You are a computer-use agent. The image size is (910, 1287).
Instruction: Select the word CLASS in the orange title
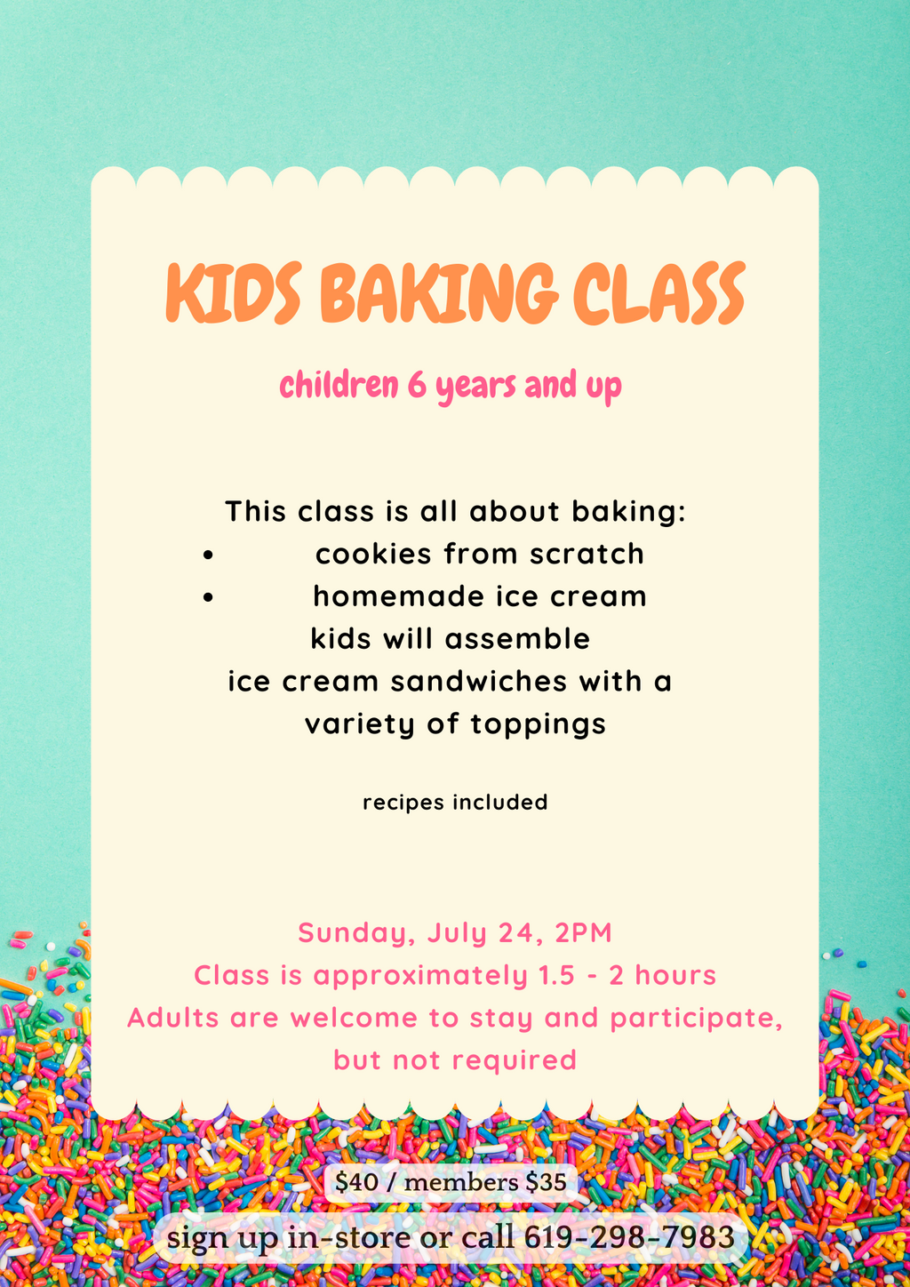point(659,292)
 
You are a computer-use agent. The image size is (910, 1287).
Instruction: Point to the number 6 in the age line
point(416,386)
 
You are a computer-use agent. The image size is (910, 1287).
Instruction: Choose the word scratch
point(587,554)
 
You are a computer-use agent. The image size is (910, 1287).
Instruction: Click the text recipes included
point(455,803)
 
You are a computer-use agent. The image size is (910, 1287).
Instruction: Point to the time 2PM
point(583,933)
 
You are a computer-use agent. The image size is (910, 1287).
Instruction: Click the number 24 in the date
point(521,933)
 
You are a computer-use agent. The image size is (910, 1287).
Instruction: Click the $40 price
point(356,1183)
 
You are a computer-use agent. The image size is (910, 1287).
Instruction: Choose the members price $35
point(546,1183)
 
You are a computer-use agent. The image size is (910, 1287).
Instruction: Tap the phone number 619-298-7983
point(629,1237)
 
